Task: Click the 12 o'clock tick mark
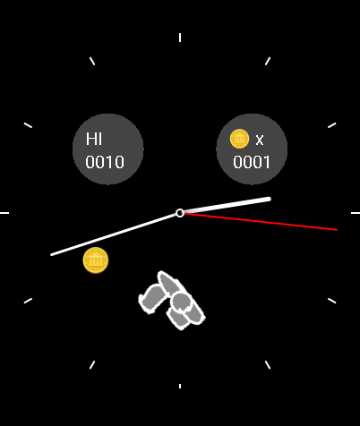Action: pyautogui.click(x=180, y=38)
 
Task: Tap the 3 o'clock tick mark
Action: pyautogui.click(x=356, y=213)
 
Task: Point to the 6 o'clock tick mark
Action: pyautogui.click(x=180, y=386)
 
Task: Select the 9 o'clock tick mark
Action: pyautogui.click(x=4, y=213)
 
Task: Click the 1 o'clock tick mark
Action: pyautogui.click(x=268, y=61)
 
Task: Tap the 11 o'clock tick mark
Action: pyautogui.click(x=92, y=61)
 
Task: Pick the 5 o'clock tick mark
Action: pyautogui.click(x=268, y=365)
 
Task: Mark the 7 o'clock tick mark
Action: pyautogui.click(x=92, y=365)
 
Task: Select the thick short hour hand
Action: pyautogui.click(x=227, y=205)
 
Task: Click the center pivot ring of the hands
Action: pyautogui.click(x=180, y=213)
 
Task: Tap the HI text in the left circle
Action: pyautogui.click(x=94, y=139)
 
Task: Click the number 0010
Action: pyautogui.click(x=105, y=162)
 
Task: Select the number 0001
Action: pyautogui.click(x=252, y=162)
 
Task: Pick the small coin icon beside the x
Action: pyautogui.click(x=239, y=139)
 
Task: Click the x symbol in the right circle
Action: pyautogui.click(x=260, y=140)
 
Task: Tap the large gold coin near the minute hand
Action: pyautogui.click(x=96, y=260)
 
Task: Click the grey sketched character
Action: pyautogui.click(x=172, y=300)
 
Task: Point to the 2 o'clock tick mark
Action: pyautogui.click(x=332, y=125)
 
